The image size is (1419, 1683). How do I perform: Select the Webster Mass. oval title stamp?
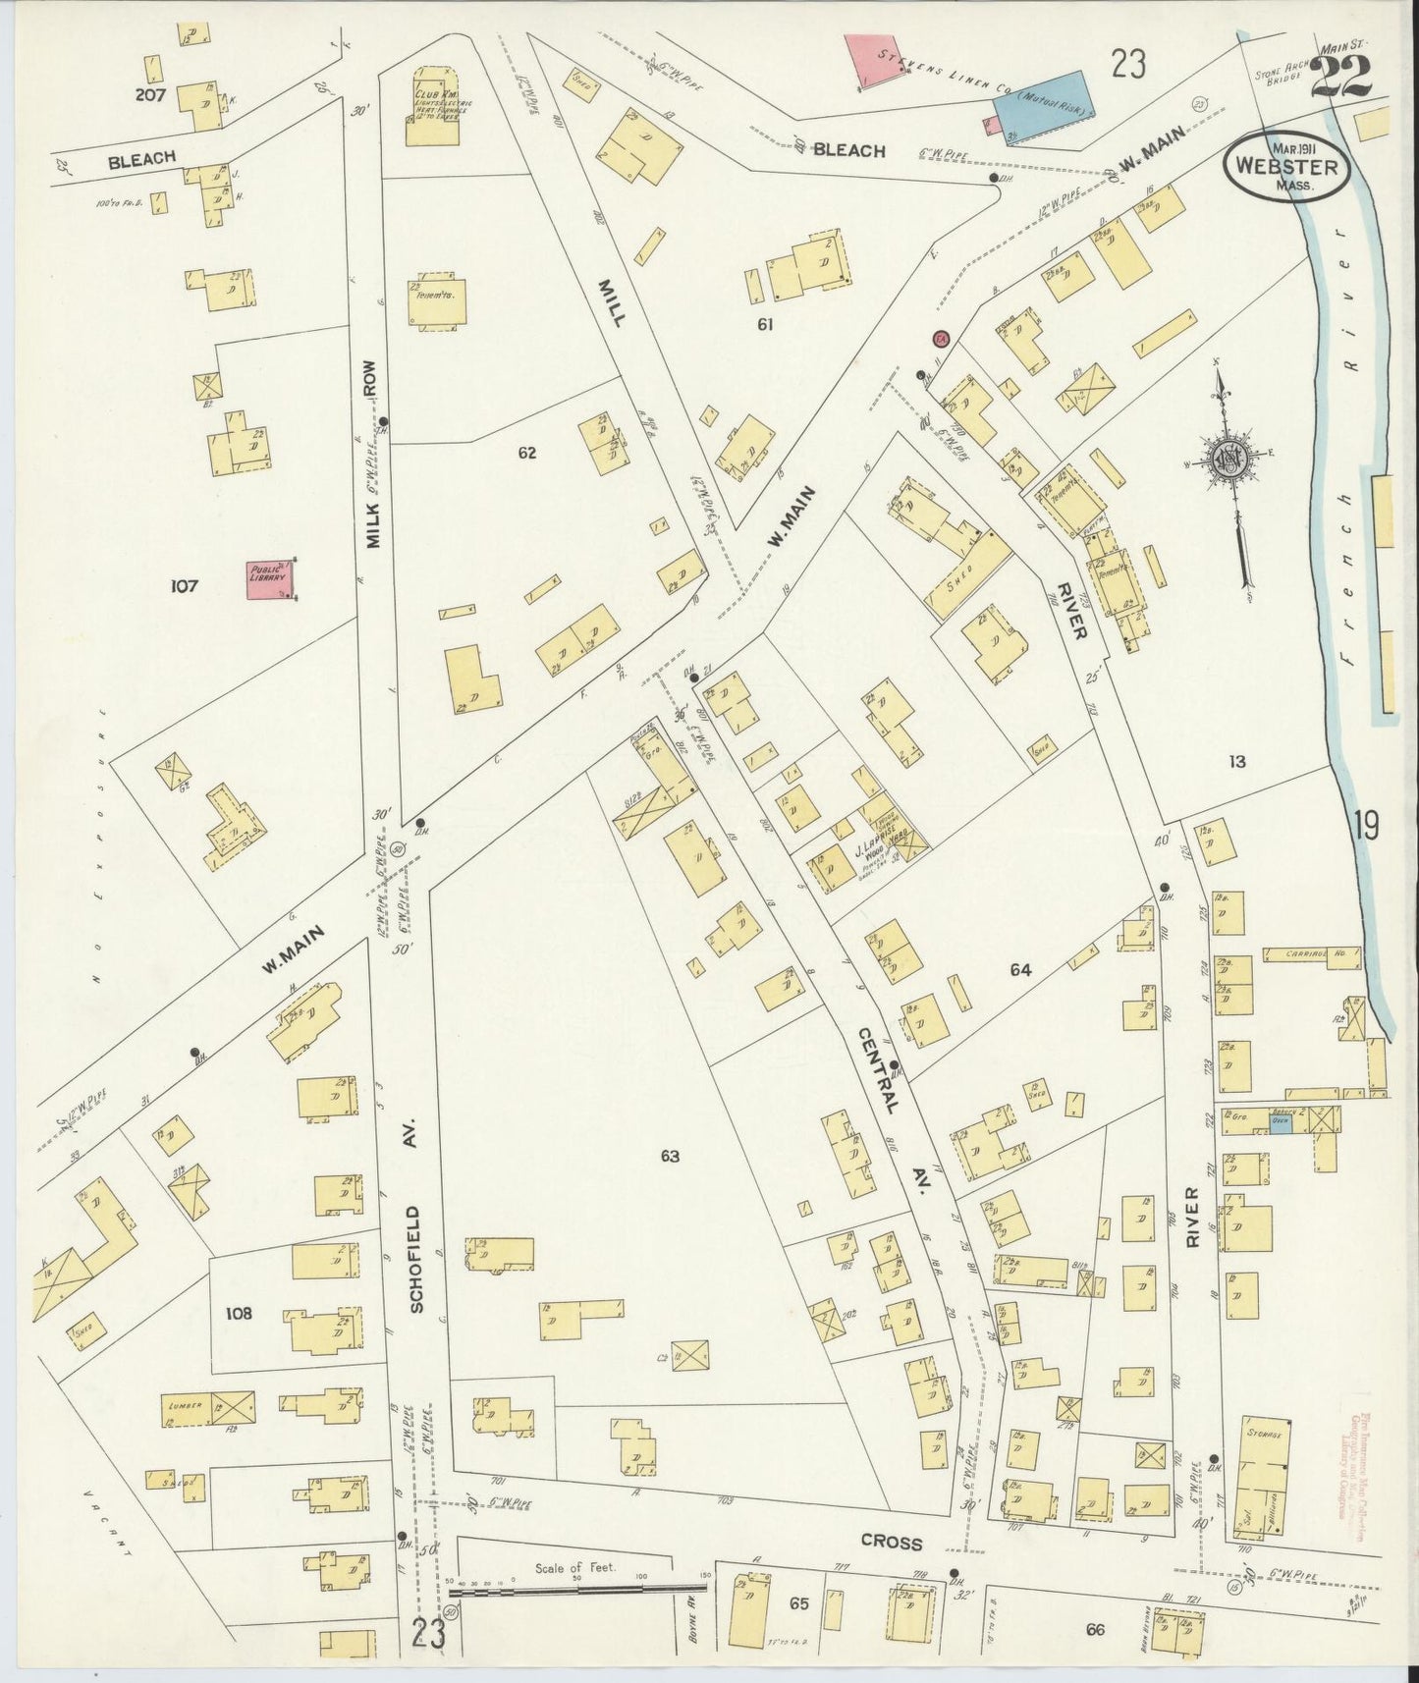tap(1286, 166)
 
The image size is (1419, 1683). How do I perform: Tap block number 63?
tap(669, 1156)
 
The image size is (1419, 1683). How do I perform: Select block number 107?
tap(184, 586)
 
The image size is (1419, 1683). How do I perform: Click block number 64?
tap(1020, 970)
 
